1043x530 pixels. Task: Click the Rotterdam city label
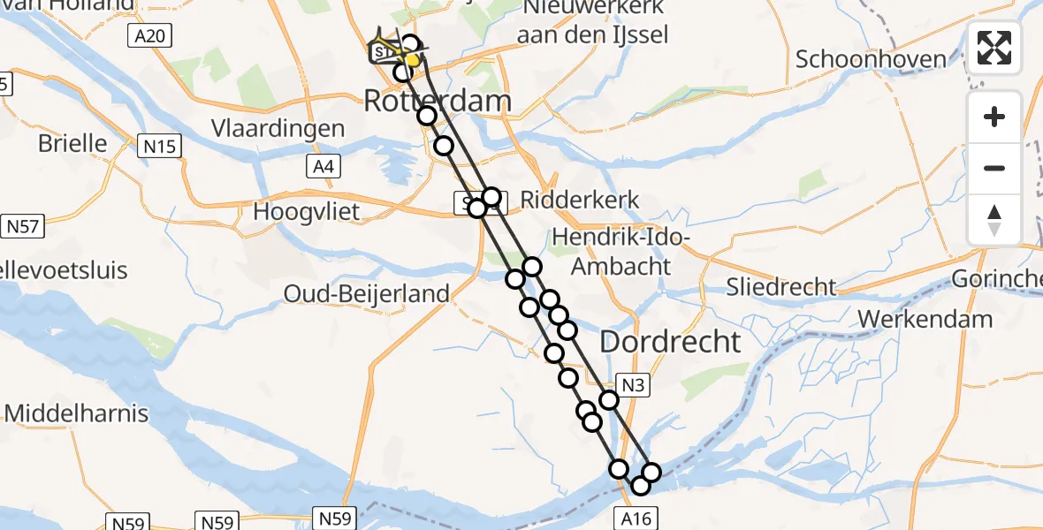(438, 101)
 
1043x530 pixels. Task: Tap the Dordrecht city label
(671, 342)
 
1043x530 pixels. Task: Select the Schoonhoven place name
(871, 59)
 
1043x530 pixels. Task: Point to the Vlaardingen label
(278, 128)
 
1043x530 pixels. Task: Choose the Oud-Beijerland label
(366, 293)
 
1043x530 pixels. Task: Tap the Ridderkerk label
(580, 200)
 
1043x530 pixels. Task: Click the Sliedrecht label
(780, 286)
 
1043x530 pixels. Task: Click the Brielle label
(72, 143)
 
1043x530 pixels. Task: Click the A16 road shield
(636, 517)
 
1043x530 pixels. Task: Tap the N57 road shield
(23, 227)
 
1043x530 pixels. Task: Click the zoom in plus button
(994, 117)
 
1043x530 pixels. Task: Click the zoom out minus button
(994, 168)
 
